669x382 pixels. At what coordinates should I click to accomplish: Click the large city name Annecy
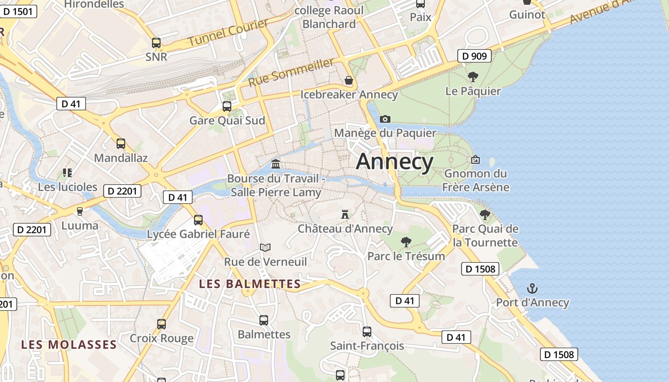(395, 162)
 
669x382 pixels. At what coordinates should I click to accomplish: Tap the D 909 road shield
(475, 56)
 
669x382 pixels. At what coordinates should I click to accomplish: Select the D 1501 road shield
(18, 11)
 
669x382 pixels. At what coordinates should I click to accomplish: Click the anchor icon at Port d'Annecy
(532, 288)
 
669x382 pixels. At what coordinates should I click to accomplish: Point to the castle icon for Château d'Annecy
(345, 214)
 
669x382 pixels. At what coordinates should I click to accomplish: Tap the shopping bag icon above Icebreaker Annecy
(349, 80)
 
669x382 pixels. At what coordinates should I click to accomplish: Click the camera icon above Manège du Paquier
(385, 119)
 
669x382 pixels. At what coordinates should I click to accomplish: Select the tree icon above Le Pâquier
(473, 76)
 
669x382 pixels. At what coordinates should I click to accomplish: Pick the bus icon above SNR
(156, 42)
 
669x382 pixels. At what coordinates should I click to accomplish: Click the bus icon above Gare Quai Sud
(227, 106)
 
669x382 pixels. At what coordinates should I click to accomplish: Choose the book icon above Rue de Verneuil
(265, 247)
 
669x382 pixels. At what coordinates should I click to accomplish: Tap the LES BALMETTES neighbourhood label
(250, 284)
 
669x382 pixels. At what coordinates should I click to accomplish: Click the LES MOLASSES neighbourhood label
(69, 344)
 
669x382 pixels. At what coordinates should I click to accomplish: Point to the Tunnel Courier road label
(228, 33)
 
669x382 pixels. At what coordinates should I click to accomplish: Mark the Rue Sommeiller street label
(291, 73)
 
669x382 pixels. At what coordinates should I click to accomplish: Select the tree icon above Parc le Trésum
(406, 242)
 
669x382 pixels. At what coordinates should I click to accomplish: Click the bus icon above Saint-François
(367, 331)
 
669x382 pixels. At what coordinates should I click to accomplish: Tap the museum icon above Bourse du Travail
(276, 164)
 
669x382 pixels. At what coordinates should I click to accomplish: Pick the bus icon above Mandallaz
(121, 143)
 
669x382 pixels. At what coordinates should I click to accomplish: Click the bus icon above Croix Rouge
(162, 324)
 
